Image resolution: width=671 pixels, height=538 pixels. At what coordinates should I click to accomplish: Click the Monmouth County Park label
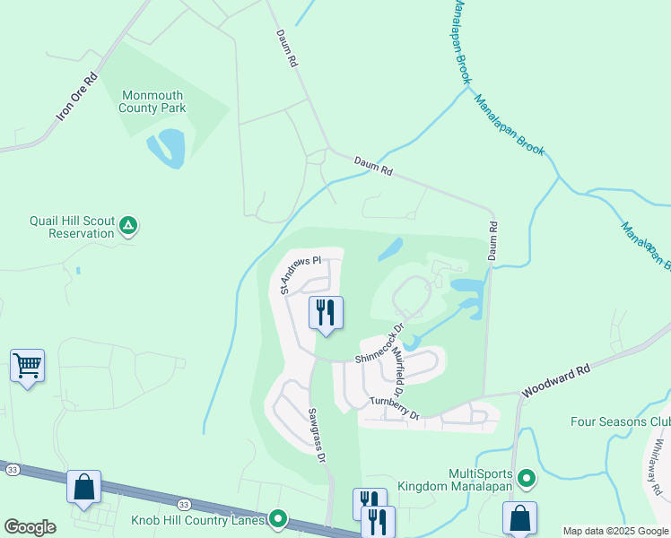point(152,101)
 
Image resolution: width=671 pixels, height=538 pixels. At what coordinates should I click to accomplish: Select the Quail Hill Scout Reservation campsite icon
point(130,226)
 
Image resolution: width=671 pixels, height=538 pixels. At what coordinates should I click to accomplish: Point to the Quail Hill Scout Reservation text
point(72,227)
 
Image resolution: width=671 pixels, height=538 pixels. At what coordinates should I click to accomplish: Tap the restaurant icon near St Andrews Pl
point(326,312)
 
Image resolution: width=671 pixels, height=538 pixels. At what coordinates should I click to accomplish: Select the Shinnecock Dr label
point(378,346)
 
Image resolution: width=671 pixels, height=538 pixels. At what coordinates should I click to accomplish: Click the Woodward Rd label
point(557,381)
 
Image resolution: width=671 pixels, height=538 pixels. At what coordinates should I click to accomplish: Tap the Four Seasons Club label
point(620,421)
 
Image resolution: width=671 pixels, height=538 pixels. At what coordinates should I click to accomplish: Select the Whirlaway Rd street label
point(653,473)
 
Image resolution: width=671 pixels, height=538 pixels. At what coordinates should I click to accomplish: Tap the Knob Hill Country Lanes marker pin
point(278,519)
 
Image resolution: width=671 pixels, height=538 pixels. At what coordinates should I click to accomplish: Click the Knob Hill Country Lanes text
point(197,519)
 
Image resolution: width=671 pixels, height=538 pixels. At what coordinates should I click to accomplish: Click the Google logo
point(30,527)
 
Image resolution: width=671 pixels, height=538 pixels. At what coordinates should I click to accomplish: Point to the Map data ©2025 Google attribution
point(615,531)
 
